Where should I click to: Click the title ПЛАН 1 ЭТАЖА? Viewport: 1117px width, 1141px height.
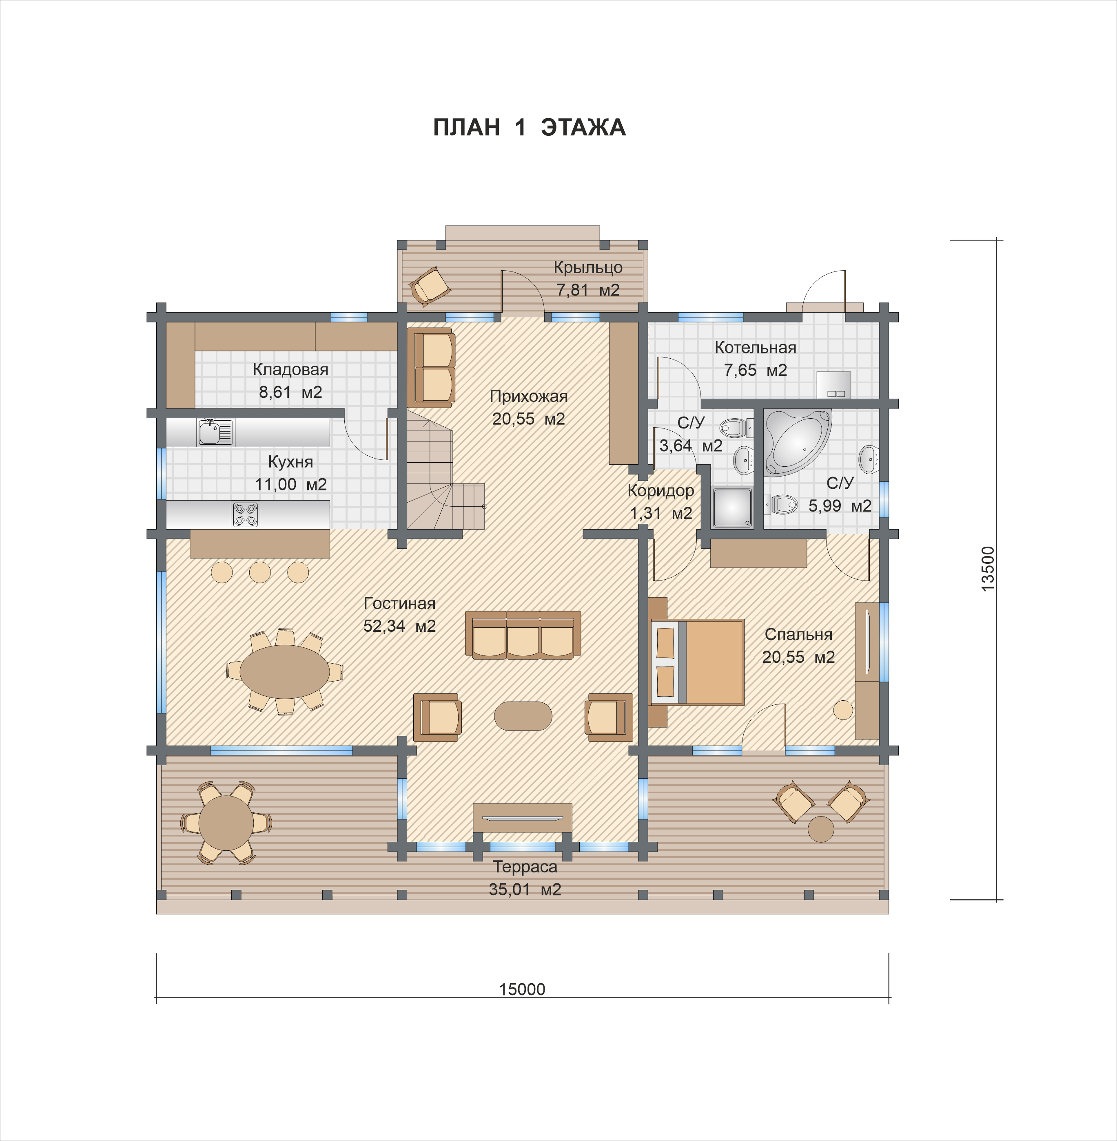529,127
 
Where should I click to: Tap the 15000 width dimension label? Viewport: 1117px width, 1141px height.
522,989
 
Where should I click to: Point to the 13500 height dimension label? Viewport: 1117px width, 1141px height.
988,569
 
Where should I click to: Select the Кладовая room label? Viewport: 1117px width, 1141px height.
290,369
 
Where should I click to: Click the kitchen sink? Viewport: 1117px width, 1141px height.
216,433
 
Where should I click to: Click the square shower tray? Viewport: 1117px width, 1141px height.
732,507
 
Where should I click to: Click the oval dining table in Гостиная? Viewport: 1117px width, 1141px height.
284,672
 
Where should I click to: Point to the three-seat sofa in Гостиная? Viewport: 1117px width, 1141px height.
523,635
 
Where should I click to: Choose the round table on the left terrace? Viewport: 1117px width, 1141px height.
226,823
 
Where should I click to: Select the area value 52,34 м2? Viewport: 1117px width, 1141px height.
399,626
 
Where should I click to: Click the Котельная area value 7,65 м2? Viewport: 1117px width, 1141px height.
755,371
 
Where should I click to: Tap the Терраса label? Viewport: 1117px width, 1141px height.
525,867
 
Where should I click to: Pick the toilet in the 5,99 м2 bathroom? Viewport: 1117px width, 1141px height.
781,504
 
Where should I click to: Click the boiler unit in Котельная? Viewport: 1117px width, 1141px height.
833,385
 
